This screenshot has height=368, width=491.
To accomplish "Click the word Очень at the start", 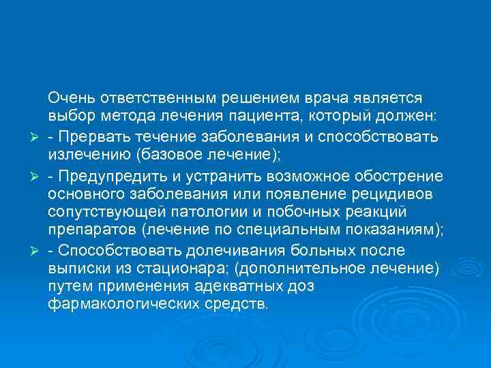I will coord(69,99).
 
